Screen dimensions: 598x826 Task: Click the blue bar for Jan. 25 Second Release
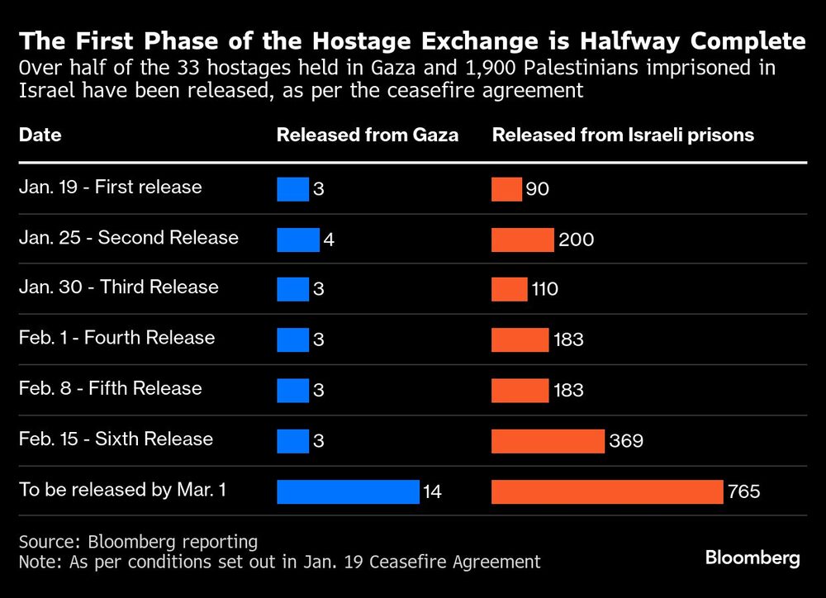(x=297, y=240)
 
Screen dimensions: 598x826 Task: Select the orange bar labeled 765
(x=607, y=491)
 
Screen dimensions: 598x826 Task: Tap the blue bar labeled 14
(x=348, y=491)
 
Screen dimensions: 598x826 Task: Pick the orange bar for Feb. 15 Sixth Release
(x=548, y=441)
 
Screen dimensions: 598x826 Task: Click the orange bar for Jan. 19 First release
(x=506, y=189)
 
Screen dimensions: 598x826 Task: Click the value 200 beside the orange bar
(x=576, y=240)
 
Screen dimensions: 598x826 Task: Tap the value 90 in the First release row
(x=538, y=189)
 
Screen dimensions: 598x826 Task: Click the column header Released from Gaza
(x=367, y=135)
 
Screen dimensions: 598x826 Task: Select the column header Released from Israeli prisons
(x=623, y=135)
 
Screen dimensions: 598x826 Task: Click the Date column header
(x=40, y=135)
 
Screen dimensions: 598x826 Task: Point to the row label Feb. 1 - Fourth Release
(x=116, y=338)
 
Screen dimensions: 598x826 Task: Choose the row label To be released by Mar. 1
(x=123, y=490)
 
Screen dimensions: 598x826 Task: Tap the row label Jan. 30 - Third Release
(x=118, y=287)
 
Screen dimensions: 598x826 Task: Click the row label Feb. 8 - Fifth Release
(x=110, y=388)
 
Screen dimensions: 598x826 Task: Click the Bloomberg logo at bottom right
(x=752, y=558)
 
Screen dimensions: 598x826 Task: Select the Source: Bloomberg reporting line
(x=138, y=542)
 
